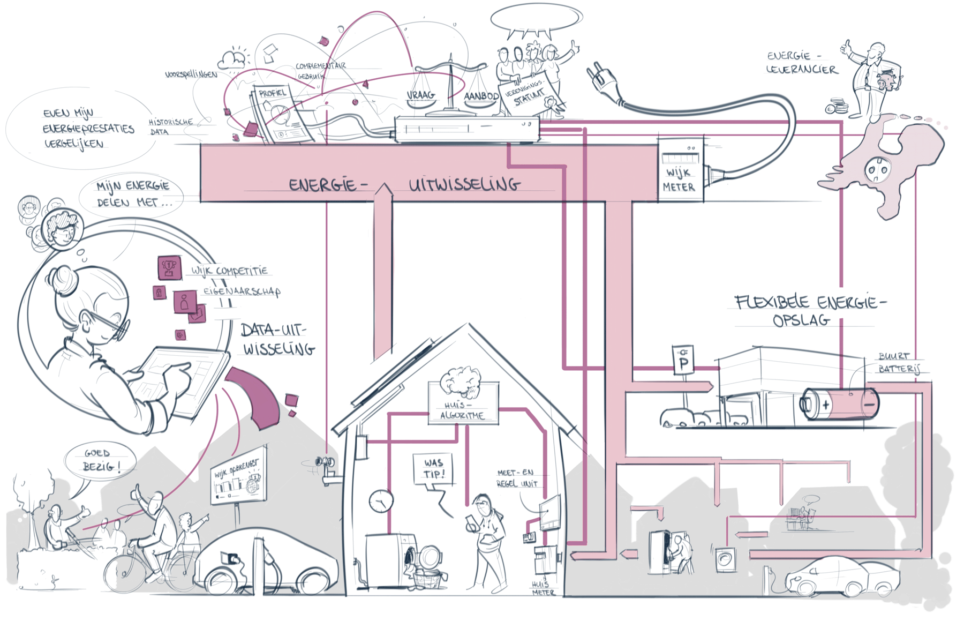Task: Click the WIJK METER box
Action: pos(680,170)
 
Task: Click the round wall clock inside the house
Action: pos(381,501)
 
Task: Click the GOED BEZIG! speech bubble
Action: pos(100,460)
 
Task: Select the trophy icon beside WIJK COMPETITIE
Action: pos(169,267)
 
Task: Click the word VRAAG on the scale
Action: pos(421,95)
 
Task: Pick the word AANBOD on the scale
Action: pos(481,96)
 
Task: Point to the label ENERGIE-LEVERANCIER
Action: pos(801,63)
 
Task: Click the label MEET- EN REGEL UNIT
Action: pos(516,478)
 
